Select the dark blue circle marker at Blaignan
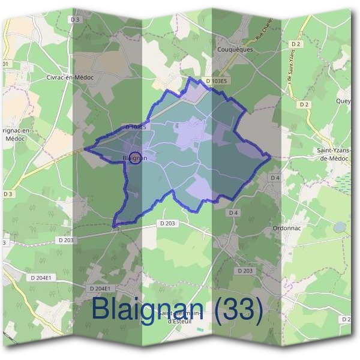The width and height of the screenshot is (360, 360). click(136, 158)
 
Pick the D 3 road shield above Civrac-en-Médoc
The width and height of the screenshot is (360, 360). click(74, 19)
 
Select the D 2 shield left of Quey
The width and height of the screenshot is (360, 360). click(304, 104)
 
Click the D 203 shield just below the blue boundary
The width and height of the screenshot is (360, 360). click(168, 223)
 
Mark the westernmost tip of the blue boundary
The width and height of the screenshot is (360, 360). click(84, 148)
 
